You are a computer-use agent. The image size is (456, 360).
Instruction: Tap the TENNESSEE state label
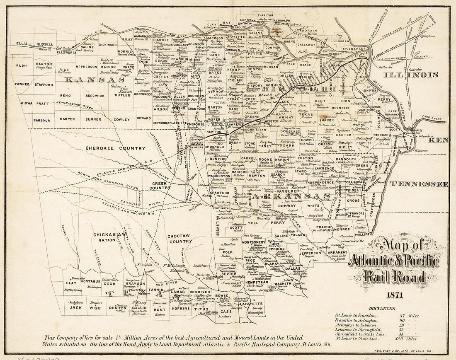[x=420, y=184]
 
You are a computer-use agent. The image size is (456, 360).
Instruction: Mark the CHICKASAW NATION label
[x=109, y=237]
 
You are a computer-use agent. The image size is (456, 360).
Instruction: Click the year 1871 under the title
[x=393, y=295]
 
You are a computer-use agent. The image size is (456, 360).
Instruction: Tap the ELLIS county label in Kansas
[x=22, y=43]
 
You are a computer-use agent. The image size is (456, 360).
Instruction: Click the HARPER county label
[x=67, y=119]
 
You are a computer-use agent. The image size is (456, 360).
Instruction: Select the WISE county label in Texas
[x=95, y=308]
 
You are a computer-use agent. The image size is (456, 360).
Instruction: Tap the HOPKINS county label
[x=181, y=308]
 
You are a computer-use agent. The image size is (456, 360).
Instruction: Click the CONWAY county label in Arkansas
[x=287, y=205]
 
